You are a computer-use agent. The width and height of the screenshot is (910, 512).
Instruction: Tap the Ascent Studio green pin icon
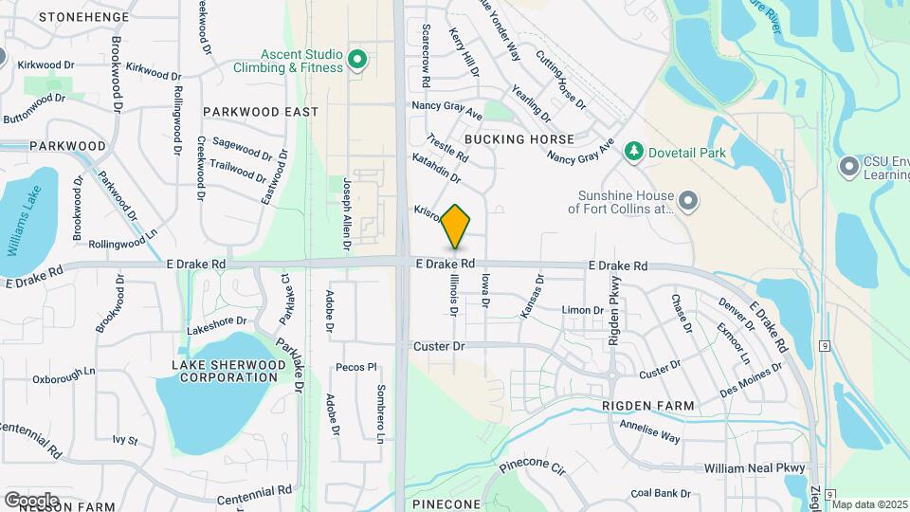[357, 62]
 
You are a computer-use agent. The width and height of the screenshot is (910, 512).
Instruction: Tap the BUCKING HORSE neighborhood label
[533, 139]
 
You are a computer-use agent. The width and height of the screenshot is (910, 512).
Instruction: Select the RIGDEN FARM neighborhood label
[648, 406]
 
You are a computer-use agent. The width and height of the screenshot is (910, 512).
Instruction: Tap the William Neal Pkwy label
[755, 468]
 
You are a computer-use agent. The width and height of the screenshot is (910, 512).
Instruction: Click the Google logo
[31, 500]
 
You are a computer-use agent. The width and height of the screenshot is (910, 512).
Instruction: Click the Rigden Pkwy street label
[613, 314]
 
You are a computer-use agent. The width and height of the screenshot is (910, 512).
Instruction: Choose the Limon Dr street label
[583, 310]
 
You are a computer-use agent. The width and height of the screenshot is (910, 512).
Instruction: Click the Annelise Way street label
[650, 432]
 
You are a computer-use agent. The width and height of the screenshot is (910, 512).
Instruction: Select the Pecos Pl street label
[356, 367]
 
